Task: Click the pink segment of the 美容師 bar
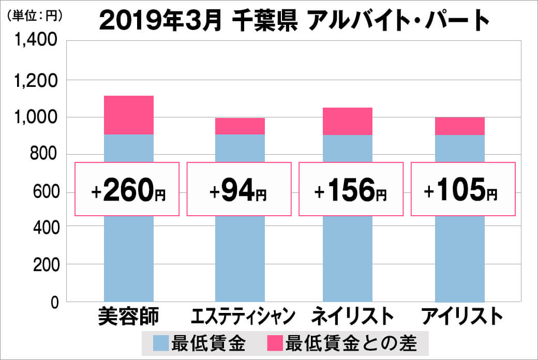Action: [x=129, y=115]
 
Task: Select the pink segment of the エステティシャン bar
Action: [x=240, y=126]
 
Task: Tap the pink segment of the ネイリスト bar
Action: [x=347, y=121]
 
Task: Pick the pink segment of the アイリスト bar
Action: [x=459, y=126]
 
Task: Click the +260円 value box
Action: [x=127, y=189]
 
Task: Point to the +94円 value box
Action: [x=239, y=189]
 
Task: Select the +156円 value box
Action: [x=351, y=189]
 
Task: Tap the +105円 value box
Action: [x=462, y=189]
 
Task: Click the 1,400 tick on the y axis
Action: [x=37, y=42]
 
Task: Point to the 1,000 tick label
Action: [x=37, y=117]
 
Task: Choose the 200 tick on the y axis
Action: [x=46, y=265]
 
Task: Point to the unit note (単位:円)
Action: [x=33, y=17]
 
